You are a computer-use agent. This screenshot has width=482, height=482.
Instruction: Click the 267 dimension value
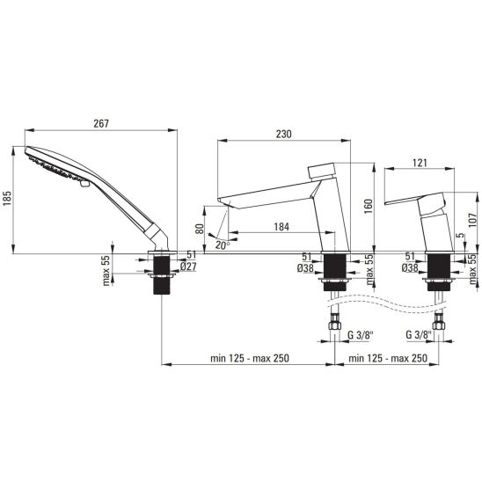point(101,123)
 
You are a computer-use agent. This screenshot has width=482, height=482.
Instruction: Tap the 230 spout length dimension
point(283,134)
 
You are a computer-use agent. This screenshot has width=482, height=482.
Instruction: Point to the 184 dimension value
point(281,227)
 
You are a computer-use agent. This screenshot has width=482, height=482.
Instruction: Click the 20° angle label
point(223,245)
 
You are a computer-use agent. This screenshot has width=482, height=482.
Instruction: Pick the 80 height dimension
point(200,229)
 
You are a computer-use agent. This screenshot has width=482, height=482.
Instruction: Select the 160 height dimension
point(369,207)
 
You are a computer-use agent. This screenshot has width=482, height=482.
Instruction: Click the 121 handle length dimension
point(420,163)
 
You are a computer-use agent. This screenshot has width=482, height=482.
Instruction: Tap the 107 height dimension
point(473,219)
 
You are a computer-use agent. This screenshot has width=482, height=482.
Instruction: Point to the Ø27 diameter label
point(188,267)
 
